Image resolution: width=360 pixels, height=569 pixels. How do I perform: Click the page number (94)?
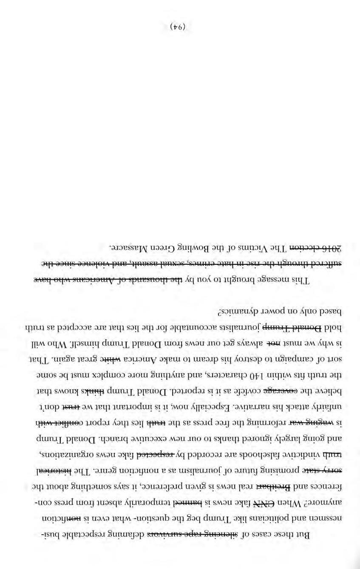[178, 27]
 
